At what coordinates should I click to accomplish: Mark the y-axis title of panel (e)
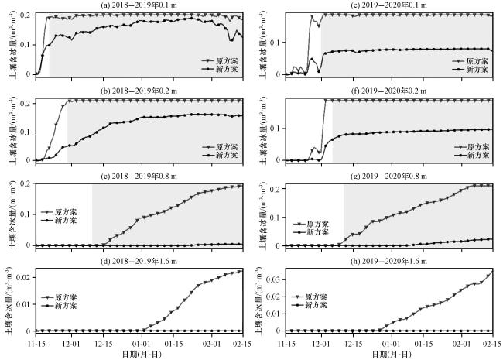[264, 43]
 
